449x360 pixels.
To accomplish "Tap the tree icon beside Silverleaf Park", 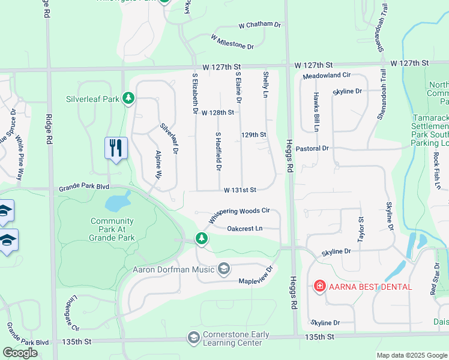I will (x=128, y=98).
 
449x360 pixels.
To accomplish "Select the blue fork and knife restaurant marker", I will (x=116, y=148).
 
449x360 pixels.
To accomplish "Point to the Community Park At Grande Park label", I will (x=112, y=229).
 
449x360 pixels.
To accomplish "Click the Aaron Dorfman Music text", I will (x=173, y=269).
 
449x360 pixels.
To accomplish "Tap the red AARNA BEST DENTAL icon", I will (x=320, y=286).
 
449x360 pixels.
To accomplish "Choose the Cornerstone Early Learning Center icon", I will (x=194, y=338).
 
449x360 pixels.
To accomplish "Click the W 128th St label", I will (x=217, y=112).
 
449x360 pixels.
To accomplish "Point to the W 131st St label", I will (x=240, y=190).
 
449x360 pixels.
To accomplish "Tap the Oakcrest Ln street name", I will (x=245, y=229).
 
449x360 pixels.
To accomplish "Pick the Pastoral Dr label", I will (x=313, y=148).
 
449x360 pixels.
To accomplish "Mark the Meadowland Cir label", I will (x=326, y=76).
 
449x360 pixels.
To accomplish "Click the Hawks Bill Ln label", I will (x=315, y=112).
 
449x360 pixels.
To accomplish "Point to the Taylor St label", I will (x=361, y=229).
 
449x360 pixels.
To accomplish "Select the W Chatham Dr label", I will (x=259, y=25).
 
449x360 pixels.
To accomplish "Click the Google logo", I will (x=20, y=353).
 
